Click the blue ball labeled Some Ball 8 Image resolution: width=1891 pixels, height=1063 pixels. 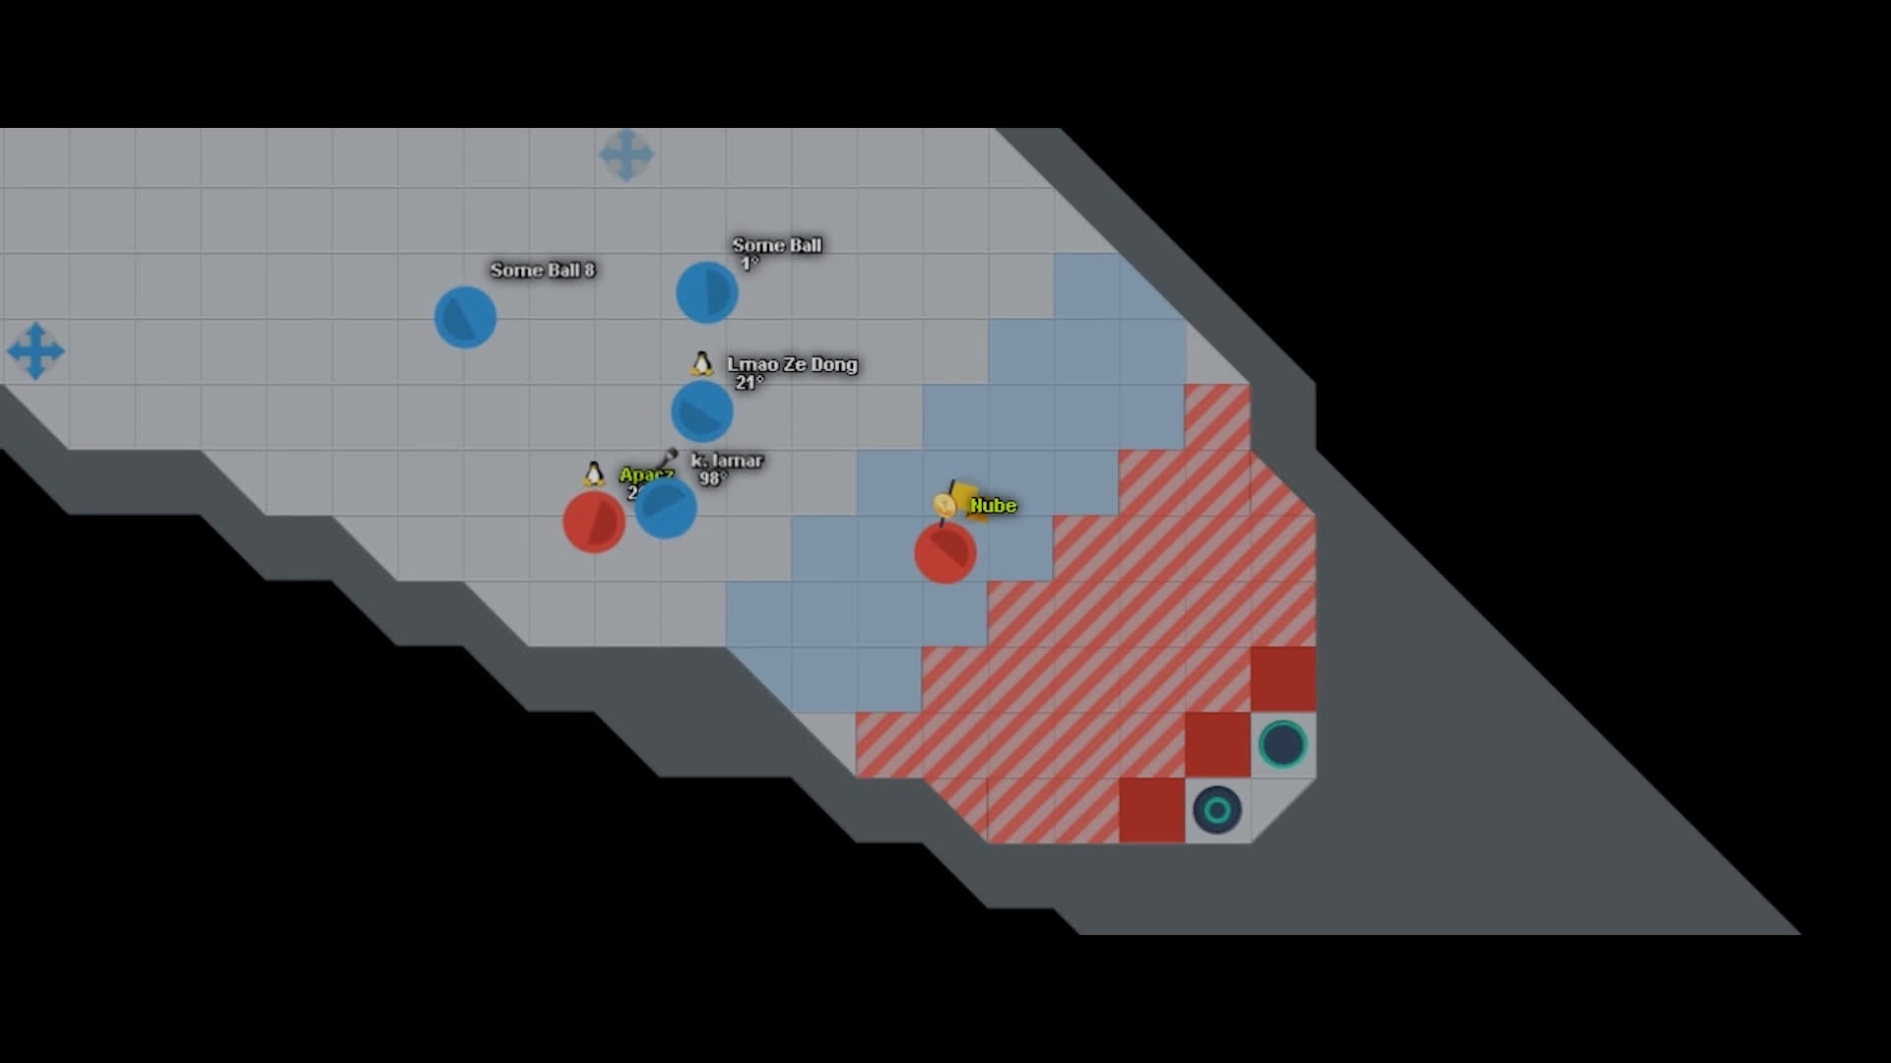[465, 317]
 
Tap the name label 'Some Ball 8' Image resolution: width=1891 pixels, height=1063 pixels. [542, 270]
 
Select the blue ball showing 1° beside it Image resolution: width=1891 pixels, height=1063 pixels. [706, 292]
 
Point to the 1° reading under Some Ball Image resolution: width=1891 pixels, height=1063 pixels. [750, 264]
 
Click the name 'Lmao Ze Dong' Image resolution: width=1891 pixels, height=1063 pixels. [792, 364]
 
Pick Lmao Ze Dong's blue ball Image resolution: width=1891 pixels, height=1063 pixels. [701, 411]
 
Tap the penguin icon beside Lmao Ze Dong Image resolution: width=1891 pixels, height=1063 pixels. [701, 364]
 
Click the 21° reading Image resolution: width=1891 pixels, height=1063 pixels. [749, 383]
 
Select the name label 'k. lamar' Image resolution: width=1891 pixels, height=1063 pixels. [727, 461]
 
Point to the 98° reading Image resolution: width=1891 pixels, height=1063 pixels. [712, 479]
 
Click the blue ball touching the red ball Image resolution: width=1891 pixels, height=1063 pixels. [666, 508]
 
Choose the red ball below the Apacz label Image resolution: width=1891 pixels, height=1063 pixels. [593, 522]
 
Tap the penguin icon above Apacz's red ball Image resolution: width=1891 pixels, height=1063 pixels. [593, 474]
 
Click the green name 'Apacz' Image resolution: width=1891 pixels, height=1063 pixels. [645, 475]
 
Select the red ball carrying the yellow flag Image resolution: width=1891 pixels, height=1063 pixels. [945, 552]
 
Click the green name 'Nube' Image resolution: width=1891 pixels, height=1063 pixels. [993, 506]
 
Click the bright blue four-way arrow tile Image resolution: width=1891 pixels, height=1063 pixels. [35, 350]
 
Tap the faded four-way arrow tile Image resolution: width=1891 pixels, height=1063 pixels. [626, 155]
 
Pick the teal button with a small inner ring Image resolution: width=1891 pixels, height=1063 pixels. [1217, 810]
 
